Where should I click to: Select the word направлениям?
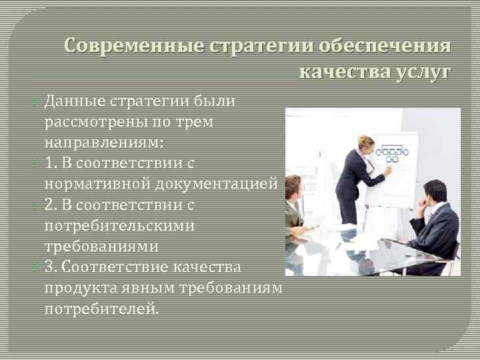point(104,143)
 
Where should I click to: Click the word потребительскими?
point(119,225)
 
